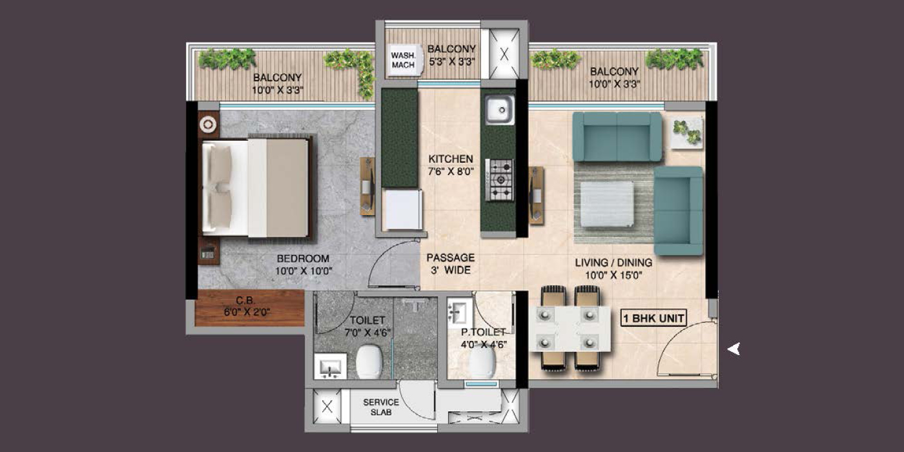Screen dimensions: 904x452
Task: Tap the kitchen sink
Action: [500, 110]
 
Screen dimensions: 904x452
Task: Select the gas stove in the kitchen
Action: [500, 180]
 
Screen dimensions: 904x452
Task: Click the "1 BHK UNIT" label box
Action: [653, 318]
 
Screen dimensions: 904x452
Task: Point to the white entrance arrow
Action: [734, 349]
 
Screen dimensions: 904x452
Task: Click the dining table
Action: [570, 329]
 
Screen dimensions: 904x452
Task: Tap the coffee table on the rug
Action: [606, 203]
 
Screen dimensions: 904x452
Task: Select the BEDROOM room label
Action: [303, 258]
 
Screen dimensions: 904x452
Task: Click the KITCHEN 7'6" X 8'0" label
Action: [451, 165]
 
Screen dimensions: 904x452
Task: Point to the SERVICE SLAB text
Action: [380, 407]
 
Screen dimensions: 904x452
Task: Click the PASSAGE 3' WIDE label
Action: [451, 263]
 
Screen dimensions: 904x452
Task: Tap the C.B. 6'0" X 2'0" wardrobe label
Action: [247, 306]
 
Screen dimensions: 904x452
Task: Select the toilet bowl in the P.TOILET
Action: [482, 361]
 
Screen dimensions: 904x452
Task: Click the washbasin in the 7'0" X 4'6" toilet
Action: [331, 367]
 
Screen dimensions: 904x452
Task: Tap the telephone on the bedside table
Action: [208, 253]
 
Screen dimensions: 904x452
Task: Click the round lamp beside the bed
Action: [208, 124]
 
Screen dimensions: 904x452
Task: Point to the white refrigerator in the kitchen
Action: [402, 209]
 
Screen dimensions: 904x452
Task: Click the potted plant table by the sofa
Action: [686, 133]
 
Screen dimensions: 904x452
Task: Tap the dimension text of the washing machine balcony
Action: [451, 62]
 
